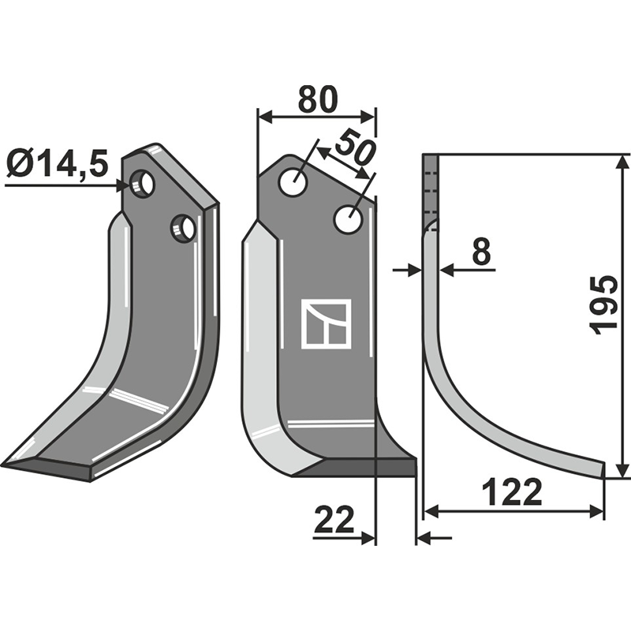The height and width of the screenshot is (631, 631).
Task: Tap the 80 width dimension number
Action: click(317, 100)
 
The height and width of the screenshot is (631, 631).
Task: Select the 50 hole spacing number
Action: click(354, 150)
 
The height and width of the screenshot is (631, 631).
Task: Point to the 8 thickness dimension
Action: click(480, 252)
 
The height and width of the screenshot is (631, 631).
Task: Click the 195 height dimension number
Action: click(605, 305)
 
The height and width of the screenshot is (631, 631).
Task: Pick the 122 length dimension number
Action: click(513, 494)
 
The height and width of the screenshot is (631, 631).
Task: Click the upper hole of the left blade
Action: click(143, 185)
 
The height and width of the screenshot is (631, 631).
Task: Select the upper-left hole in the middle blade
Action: click(293, 184)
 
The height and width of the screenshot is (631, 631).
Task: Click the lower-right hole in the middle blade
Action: click(347, 219)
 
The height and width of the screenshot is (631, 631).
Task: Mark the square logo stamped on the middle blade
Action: click(326, 323)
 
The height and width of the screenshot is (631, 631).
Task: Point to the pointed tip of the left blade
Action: click(6, 463)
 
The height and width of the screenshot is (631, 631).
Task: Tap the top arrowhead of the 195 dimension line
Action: click(623, 162)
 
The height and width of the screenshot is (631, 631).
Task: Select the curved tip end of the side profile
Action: click(603, 470)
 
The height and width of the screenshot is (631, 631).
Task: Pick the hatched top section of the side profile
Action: click(430, 189)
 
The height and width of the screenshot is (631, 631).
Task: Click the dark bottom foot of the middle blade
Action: click(371, 469)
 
